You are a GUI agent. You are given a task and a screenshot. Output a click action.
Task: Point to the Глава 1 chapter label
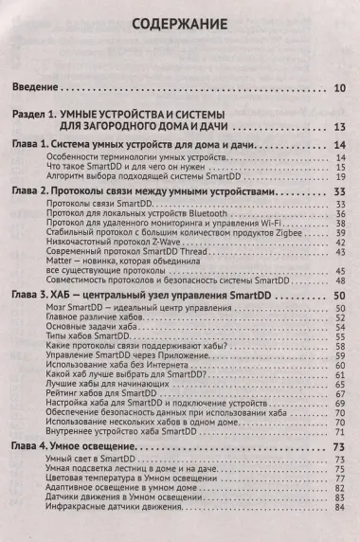coord(36,144)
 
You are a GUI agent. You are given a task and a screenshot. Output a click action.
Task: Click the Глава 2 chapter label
coord(36,192)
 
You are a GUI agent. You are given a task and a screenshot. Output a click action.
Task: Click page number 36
coord(340,216)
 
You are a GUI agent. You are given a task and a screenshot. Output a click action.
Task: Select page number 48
coord(340,282)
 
